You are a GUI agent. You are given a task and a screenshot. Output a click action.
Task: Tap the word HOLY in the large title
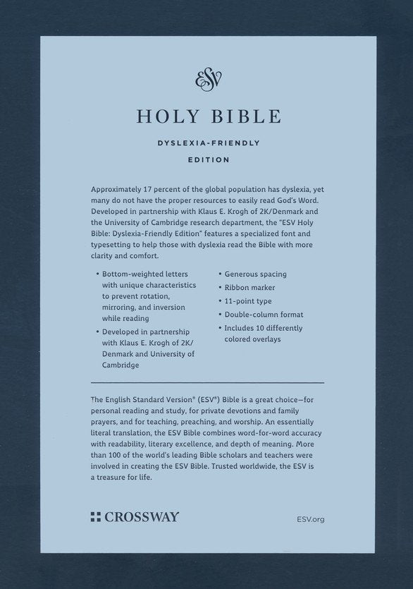(160, 116)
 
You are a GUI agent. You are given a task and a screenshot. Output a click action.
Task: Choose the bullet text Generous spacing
(256, 274)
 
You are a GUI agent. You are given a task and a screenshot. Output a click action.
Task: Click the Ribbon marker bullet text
(251, 288)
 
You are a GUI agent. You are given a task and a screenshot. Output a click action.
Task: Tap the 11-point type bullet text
(248, 301)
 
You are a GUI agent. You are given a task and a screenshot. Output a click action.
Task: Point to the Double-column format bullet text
(264, 315)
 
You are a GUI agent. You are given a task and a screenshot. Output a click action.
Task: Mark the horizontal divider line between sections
(207, 382)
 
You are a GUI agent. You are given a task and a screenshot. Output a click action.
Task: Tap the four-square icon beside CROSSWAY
(96, 517)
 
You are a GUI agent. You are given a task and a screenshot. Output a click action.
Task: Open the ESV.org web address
(312, 518)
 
